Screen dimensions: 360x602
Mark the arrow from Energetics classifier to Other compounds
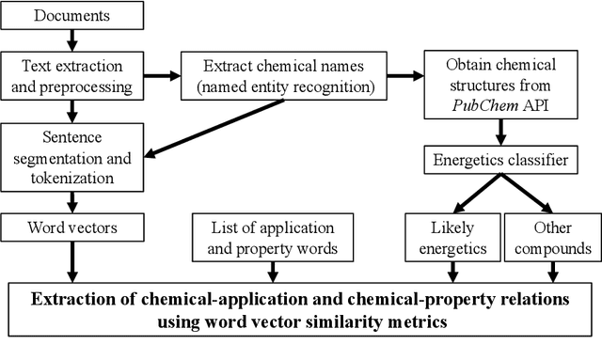[x=531, y=195]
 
